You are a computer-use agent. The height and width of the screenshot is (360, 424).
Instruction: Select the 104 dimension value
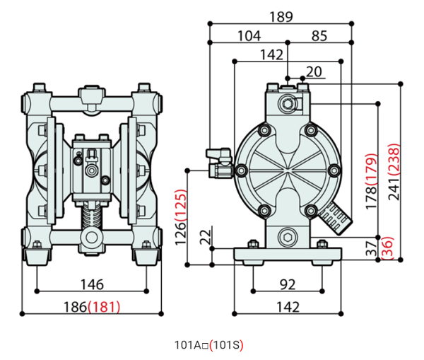click(x=249, y=35)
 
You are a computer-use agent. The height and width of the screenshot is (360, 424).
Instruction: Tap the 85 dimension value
click(x=319, y=35)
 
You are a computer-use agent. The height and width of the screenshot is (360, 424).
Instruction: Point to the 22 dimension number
click(x=205, y=237)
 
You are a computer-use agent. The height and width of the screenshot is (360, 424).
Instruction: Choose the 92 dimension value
click(x=287, y=285)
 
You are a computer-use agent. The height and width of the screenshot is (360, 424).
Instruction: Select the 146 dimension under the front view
click(x=91, y=285)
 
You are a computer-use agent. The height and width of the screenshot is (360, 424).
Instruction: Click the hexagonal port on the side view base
click(x=288, y=235)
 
